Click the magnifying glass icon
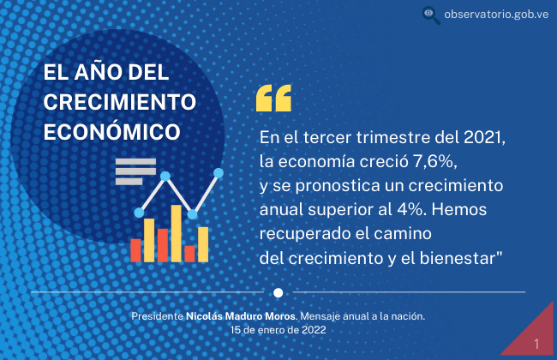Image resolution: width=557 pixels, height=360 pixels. click(x=431, y=15)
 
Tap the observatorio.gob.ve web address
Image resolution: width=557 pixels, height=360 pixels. click(x=496, y=15)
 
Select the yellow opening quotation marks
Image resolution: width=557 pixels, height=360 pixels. click(x=273, y=98)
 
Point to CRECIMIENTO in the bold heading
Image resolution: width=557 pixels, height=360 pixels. click(x=120, y=102)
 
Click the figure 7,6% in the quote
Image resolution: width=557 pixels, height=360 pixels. click(x=434, y=162)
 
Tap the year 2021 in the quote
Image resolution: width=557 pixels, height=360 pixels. click(x=484, y=137)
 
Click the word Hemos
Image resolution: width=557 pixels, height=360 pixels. click(x=459, y=210)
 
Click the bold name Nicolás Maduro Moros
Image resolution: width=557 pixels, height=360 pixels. click(x=241, y=316)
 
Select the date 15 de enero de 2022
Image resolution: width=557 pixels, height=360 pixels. click(x=278, y=330)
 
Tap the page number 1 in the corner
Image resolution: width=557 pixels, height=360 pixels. click(x=536, y=344)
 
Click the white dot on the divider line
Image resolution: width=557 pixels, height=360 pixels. click(x=278, y=292)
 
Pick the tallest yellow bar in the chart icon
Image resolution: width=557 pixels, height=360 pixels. click(x=177, y=233)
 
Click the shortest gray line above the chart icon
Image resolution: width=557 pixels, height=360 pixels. click(x=129, y=182)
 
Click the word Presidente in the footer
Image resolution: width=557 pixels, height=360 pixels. click(x=157, y=316)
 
